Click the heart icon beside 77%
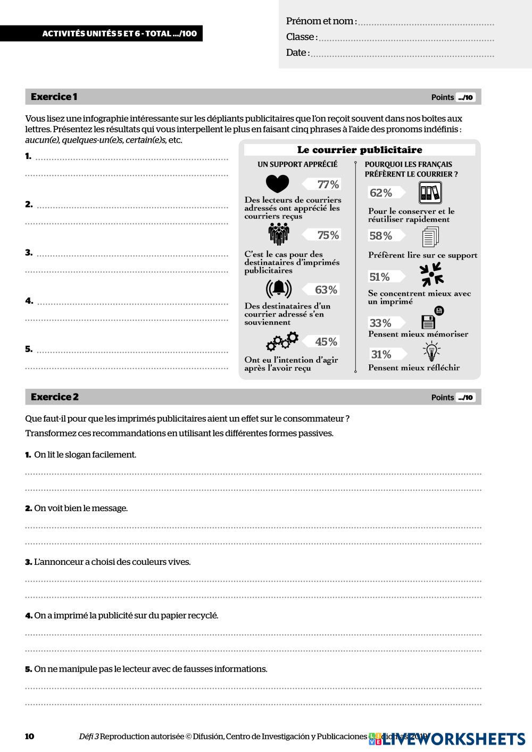click(x=277, y=184)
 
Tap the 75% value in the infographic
click(x=328, y=235)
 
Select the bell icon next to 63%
click(x=279, y=289)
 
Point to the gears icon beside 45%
click(x=282, y=341)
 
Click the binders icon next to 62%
click(x=430, y=193)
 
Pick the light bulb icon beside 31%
click(x=431, y=352)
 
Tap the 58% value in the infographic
click(x=380, y=236)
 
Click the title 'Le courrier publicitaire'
click(x=360, y=150)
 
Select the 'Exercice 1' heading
click(x=54, y=97)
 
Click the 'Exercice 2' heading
click(x=54, y=397)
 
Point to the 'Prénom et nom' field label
click(x=320, y=21)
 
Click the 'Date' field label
click(x=297, y=53)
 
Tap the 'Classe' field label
click(x=301, y=37)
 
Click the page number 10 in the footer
click(x=30, y=737)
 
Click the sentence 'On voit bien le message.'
click(x=81, y=508)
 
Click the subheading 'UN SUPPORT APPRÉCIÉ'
click(x=297, y=164)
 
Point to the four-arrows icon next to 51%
click(x=431, y=275)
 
